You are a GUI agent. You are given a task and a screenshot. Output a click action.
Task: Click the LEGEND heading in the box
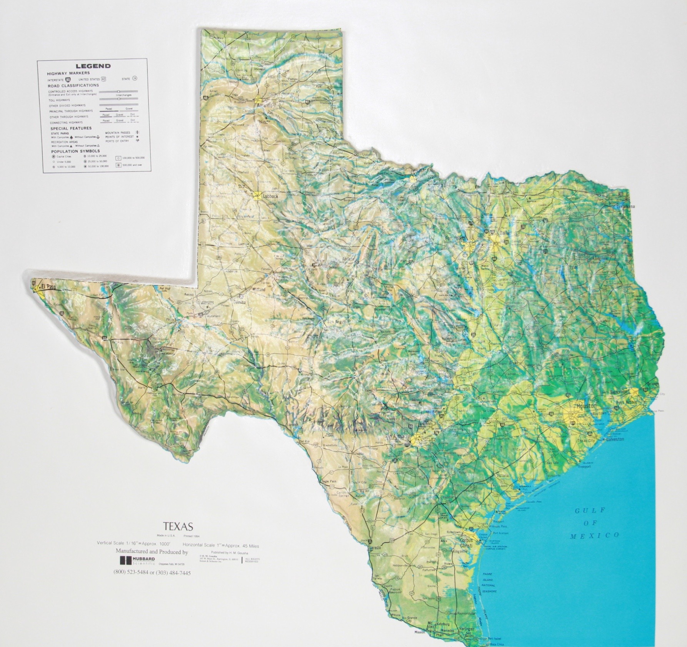pos(93,66)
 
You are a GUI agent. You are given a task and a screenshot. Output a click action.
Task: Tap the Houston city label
pos(586,406)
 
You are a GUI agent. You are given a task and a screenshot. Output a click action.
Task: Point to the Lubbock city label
pos(270,196)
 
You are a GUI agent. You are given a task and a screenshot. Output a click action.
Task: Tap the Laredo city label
pos(375,547)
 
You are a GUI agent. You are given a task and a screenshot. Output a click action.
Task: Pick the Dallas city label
pos(504,233)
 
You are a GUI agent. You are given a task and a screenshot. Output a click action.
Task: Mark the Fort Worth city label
pos(455,238)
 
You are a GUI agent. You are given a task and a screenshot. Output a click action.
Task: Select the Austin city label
pos(464,389)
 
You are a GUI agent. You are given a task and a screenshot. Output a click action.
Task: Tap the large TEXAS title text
pos(178,526)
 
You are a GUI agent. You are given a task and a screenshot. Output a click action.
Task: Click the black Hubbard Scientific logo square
pos(125,560)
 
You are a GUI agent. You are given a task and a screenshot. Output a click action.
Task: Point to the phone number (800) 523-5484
pos(132,572)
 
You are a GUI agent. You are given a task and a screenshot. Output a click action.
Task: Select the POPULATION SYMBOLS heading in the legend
pos(75,151)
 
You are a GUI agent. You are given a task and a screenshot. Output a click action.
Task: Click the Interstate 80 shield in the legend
pos(68,79)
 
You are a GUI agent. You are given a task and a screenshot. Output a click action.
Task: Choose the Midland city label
pos(259,289)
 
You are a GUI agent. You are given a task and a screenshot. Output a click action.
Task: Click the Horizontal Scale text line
pos(221,545)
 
